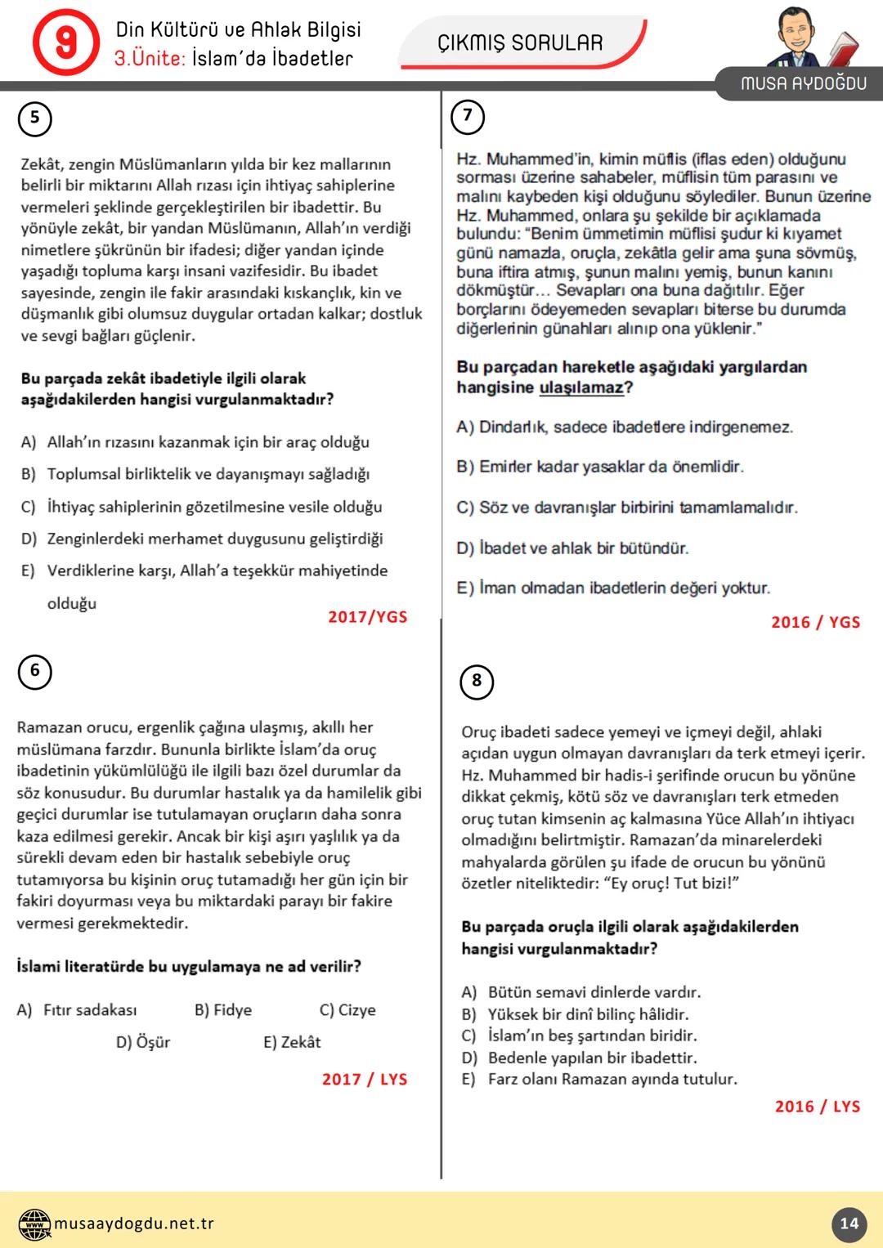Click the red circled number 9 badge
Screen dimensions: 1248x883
65,42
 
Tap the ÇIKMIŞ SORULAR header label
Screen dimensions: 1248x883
520,42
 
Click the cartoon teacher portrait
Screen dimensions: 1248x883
805,38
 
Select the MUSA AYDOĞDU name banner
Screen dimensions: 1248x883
803,83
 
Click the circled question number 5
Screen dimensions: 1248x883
34,119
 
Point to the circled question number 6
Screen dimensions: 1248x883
34,671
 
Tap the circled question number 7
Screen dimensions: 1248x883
468,116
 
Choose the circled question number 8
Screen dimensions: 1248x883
477,682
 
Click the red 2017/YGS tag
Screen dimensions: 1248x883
367,617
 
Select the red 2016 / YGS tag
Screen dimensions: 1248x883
815,622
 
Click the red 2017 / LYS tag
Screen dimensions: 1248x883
365,1079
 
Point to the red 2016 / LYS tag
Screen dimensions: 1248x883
817,1106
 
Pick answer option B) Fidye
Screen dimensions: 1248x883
223,1010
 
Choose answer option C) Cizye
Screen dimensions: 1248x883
347,1010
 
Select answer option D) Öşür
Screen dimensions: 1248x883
143,1042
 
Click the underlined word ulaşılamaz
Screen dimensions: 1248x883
581,387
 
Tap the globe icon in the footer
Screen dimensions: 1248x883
34,1223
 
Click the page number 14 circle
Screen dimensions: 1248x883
849,1223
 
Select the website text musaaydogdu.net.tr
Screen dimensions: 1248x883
134,1223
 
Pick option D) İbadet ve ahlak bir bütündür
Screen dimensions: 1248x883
572,548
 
